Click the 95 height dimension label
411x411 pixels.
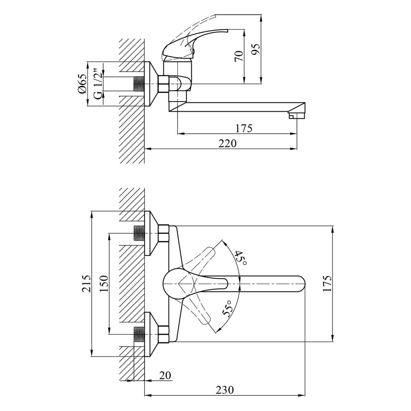(x=255, y=49)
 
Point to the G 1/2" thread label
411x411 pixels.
(x=97, y=84)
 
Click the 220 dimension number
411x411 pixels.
(x=227, y=143)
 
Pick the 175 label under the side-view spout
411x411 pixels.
(x=244, y=128)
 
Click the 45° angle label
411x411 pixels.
(x=241, y=258)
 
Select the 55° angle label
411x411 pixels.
(x=227, y=308)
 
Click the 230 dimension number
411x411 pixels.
(x=225, y=390)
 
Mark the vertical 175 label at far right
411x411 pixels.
(x=327, y=283)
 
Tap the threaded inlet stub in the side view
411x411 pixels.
(x=139, y=84)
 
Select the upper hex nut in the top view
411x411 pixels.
(x=164, y=233)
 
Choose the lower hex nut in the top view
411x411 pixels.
(x=164, y=334)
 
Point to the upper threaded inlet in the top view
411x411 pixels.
(x=139, y=233)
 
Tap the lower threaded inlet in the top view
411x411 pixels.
(x=139, y=334)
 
